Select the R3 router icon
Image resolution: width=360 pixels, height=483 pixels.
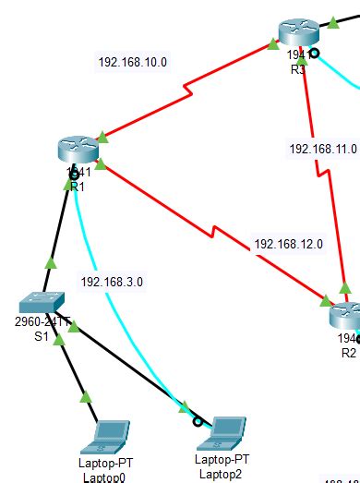297,32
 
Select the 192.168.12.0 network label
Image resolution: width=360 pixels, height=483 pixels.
288,245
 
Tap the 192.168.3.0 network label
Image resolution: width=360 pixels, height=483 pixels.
113,282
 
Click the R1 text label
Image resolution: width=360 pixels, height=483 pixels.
77,187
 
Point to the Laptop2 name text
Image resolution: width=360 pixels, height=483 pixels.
222,474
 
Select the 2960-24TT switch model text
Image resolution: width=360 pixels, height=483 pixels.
42,321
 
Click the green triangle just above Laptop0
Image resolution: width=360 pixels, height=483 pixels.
86,398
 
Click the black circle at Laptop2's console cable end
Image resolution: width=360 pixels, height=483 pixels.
197,421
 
